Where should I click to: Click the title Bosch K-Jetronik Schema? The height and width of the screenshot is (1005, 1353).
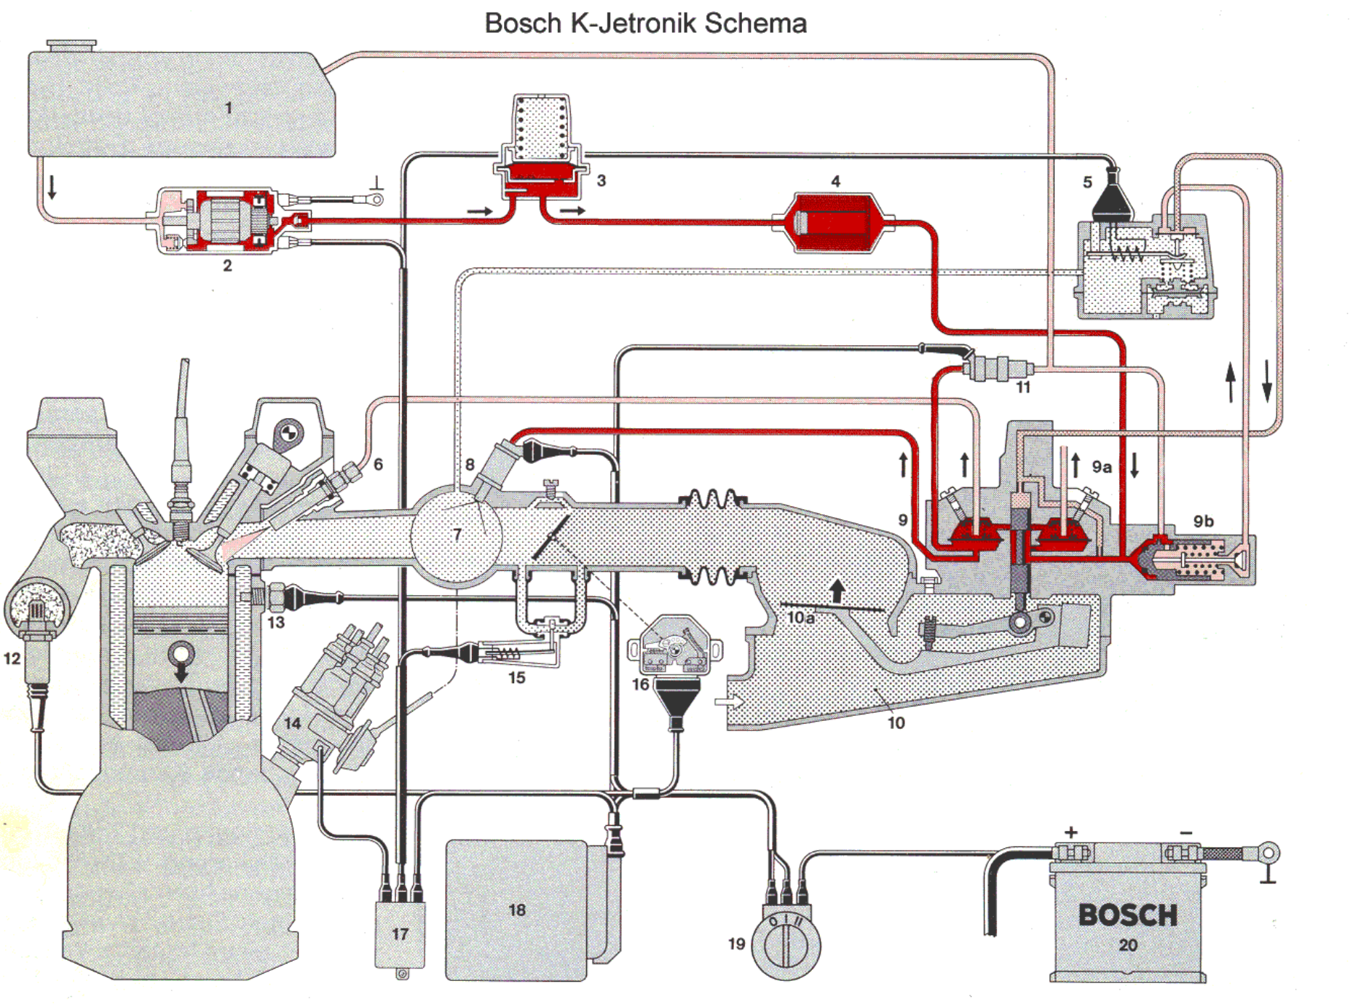[645, 23]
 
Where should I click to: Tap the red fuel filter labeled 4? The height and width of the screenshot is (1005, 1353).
[835, 223]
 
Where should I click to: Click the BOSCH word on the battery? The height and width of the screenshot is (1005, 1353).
[1127, 915]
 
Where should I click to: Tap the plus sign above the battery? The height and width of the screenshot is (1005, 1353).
[1071, 832]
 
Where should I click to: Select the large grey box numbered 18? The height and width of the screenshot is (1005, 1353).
[517, 910]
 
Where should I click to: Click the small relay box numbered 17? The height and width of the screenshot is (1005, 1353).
[400, 934]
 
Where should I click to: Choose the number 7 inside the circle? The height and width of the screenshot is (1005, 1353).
[457, 535]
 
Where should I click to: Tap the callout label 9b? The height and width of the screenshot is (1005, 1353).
[1203, 521]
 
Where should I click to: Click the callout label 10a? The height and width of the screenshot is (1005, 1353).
[800, 618]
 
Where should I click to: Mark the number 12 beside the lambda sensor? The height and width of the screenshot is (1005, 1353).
[12, 659]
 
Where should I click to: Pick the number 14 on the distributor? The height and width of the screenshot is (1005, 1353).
[292, 723]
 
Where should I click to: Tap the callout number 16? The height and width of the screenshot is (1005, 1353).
[640, 685]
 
